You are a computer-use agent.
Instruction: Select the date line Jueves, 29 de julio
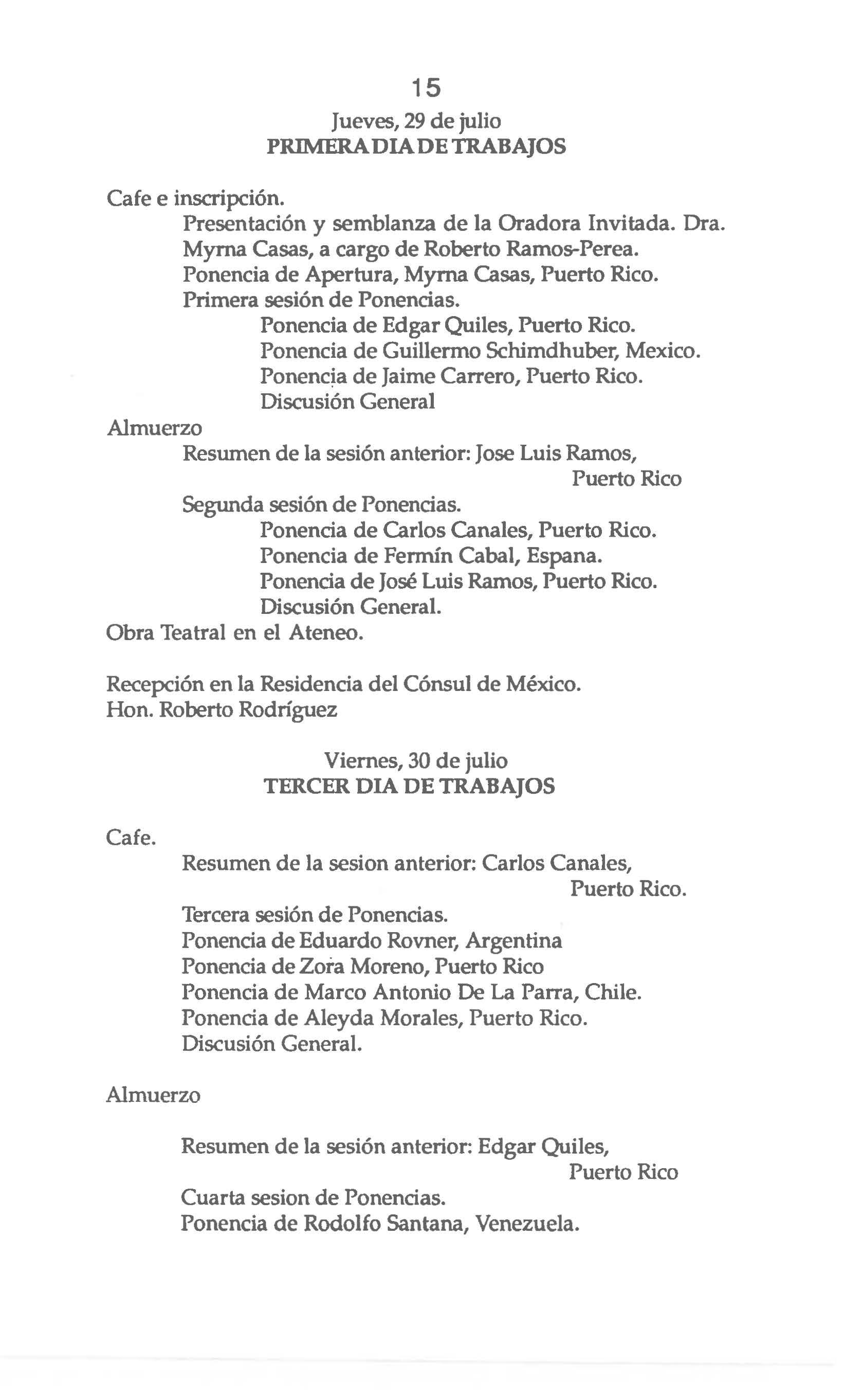tap(416, 121)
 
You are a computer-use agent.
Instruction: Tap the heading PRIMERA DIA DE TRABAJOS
tap(416, 147)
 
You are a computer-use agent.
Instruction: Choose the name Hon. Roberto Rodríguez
tap(221, 710)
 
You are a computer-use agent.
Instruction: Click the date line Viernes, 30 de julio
tap(416, 761)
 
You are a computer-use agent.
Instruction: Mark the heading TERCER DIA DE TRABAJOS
tap(409, 787)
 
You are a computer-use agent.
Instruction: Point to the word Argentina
tap(513, 940)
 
